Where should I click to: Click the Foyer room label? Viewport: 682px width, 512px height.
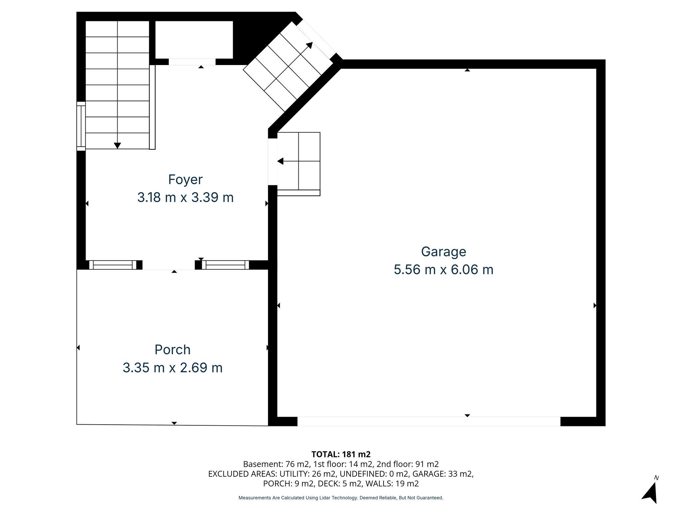[x=185, y=180]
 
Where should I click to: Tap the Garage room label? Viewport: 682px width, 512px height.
[x=443, y=252]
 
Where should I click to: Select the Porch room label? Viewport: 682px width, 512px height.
[x=172, y=350]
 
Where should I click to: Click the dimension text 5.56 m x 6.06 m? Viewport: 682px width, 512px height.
[x=443, y=270]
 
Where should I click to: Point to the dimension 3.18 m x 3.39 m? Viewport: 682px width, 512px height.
[x=185, y=198]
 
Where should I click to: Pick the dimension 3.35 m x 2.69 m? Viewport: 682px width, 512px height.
[x=172, y=368]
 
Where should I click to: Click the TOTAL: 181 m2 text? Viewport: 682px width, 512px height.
[x=341, y=454]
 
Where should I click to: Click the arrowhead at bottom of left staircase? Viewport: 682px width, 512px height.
[x=117, y=145]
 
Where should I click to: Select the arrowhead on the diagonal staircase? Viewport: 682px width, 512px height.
[x=309, y=45]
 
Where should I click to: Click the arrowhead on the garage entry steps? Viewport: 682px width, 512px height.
[x=280, y=161]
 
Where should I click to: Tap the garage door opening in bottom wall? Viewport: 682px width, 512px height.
[x=429, y=421]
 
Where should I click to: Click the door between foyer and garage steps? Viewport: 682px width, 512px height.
[x=272, y=162]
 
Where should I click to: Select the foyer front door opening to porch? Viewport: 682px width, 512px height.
[x=169, y=265]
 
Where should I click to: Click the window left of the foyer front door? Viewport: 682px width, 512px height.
[x=113, y=265]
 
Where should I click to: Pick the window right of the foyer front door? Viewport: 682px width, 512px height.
[x=225, y=265]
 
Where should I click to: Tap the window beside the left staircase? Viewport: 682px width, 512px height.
[x=81, y=126]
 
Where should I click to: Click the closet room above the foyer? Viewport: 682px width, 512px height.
[x=194, y=40]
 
